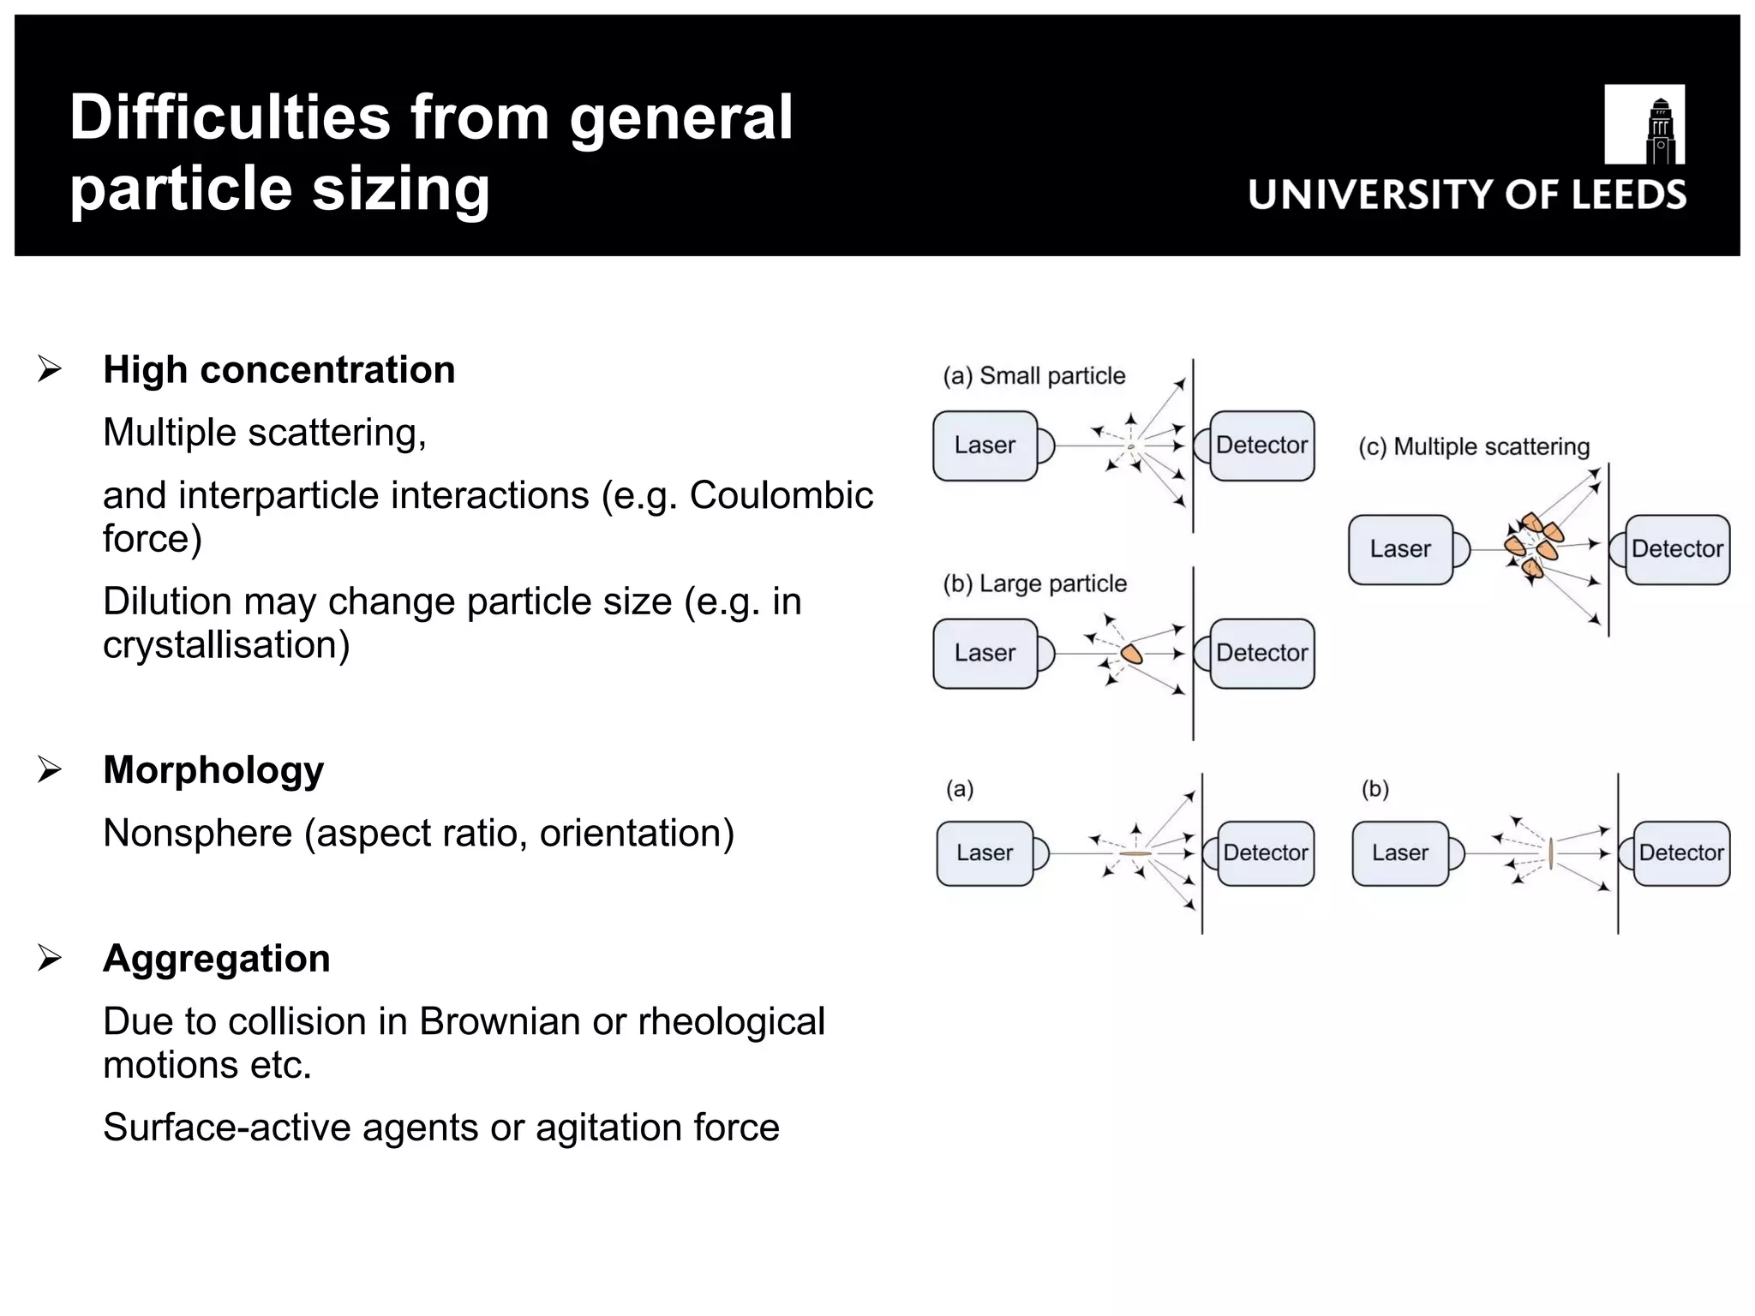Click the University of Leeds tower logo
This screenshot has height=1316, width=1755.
click(1644, 125)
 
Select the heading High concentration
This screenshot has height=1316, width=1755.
click(279, 370)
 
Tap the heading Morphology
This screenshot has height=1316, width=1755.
click(213, 769)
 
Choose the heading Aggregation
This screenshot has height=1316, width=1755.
click(216, 958)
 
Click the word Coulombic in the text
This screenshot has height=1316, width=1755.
click(781, 495)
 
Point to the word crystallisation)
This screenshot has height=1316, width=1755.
click(226, 645)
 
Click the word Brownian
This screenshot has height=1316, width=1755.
click(500, 1021)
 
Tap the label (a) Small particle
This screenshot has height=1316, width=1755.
click(1033, 376)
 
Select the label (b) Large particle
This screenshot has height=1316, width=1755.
click(1034, 583)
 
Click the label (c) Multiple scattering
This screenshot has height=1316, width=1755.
click(1473, 446)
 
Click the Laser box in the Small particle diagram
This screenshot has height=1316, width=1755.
click(985, 446)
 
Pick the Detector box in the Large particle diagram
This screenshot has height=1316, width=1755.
click(1261, 653)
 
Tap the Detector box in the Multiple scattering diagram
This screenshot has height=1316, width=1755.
click(1677, 549)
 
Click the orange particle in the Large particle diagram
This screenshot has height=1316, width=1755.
click(1132, 655)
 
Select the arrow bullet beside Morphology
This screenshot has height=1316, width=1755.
click(50, 770)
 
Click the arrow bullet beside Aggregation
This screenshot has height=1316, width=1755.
click(50, 958)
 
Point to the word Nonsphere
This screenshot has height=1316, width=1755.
click(197, 833)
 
